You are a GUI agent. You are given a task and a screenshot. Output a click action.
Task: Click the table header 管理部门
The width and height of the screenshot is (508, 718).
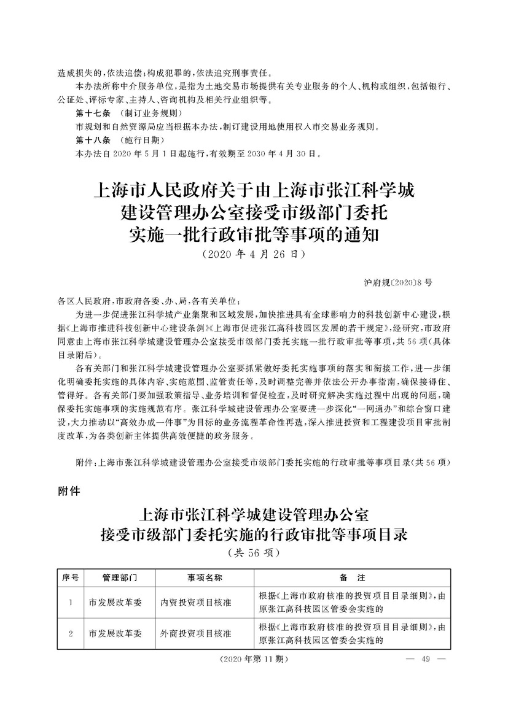point(120,577)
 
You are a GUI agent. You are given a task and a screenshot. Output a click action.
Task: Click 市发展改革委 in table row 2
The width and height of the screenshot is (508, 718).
point(115,633)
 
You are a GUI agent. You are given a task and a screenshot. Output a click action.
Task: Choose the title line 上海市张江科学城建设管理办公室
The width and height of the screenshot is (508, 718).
point(254,512)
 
